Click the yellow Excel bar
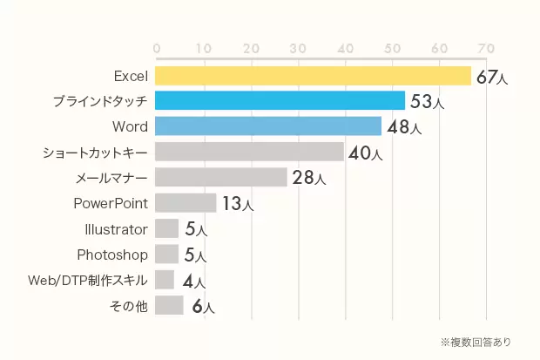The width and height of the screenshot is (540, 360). (x=313, y=76)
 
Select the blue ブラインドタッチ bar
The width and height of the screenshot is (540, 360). (x=280, y=101)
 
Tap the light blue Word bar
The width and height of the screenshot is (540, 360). (x=268, y=126)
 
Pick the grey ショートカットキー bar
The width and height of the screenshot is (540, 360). (x=249, y=152)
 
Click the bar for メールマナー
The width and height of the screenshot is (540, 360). (x=221, y=177)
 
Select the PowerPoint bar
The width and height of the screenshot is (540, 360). (x=186, y=203)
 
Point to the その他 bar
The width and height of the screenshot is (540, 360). (x=169, y=305)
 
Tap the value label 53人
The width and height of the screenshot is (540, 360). (x=427, y=102)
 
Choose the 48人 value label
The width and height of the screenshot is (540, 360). (x=403, y=128)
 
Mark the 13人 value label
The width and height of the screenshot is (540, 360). (x=237, y=204)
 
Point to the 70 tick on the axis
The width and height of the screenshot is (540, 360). (x=485, y=47)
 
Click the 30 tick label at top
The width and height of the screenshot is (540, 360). (x=297, y=47)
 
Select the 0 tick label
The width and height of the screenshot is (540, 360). (x=156, y=47)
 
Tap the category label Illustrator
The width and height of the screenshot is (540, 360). (x=113, y=229)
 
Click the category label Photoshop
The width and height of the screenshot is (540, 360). (x=112, y=255)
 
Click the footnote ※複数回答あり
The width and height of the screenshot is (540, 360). (x=476, y=341)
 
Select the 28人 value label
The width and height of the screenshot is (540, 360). (x=308, y=179)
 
